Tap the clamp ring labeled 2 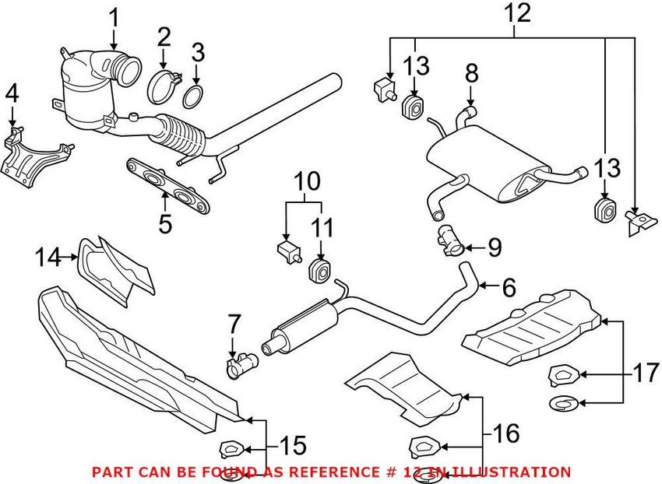pos(164,86)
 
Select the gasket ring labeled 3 pos(195,98)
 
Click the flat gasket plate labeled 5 pos(169,188)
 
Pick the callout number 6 pos(508,288)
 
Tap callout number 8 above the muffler pos(471,75)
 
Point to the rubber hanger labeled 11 pos(320,270)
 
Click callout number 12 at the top pos(517,13)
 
